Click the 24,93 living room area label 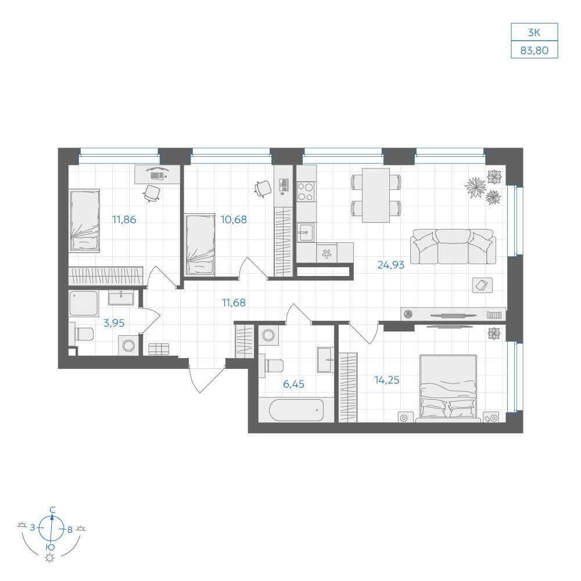pyautogui.click(x=390, y=265)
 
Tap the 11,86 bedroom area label pyautogui.click(x=124, y=220)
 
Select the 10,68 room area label pyautogui.click(x=234, y=220)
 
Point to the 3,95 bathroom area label pyautogui.click(x=114, y=323)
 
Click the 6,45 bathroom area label pyautogui.click(x=293, y=384)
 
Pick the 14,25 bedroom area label pyautogui.click(x=386, y=380)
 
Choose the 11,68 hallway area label pyautogui.click(x=234, y=303)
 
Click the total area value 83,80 pyautogui.click(x=534, y=50)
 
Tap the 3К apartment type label pyautogui.click(x=534, y=33)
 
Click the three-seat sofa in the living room pyautogui.click(x=453, y=246)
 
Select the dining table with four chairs pyautogui.click(x=376, y=195)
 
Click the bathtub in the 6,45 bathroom pyautogui.click(x=296, y=410)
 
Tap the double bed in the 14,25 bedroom pyautogui.click(x=448, y=388)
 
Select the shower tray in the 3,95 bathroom pyautogui.click(x=84, y=303)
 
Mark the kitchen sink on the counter pyautogui.click(x=306, y=232)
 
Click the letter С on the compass pyautogui.click(x=53, y=510)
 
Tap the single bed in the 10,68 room pyautogui.click(x=200, y=244)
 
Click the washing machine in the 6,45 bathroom pyautogui.click(x=268, y=335)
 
